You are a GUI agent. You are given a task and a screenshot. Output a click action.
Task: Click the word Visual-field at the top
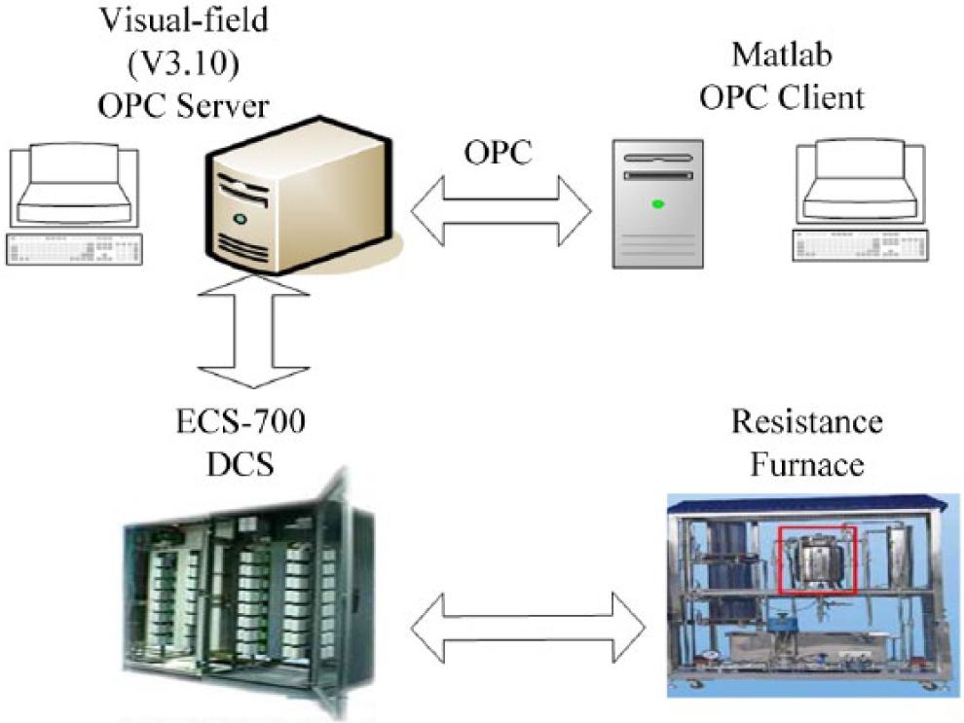184,20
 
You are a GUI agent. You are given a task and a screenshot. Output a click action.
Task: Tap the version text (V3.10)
183,63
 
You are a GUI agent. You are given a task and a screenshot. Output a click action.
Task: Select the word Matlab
782,54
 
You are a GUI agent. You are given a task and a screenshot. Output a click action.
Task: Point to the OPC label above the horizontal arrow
498,153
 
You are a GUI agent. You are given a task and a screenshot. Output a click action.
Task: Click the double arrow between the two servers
501,211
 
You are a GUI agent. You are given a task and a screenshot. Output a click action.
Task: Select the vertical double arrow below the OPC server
253,333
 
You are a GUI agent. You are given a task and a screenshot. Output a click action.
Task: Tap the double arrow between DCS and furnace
528,628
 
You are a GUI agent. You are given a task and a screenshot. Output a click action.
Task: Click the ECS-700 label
241,422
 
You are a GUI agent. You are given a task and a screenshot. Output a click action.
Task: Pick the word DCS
241,465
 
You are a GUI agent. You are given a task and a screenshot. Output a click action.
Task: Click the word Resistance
806,422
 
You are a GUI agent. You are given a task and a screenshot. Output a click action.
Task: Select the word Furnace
807,464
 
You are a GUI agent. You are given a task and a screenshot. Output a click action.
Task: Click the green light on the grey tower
658,204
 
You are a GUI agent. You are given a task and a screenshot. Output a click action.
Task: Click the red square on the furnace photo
818,559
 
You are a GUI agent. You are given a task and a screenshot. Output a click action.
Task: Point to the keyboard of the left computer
74,249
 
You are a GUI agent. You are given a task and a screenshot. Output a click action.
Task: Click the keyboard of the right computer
860,245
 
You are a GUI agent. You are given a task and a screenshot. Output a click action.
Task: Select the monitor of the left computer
74,184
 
